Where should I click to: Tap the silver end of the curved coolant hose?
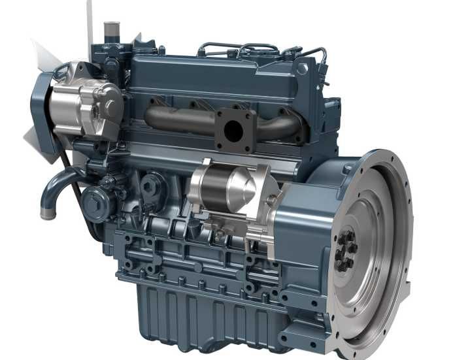coord(46,212)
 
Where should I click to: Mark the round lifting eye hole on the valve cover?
coord(301,68)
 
